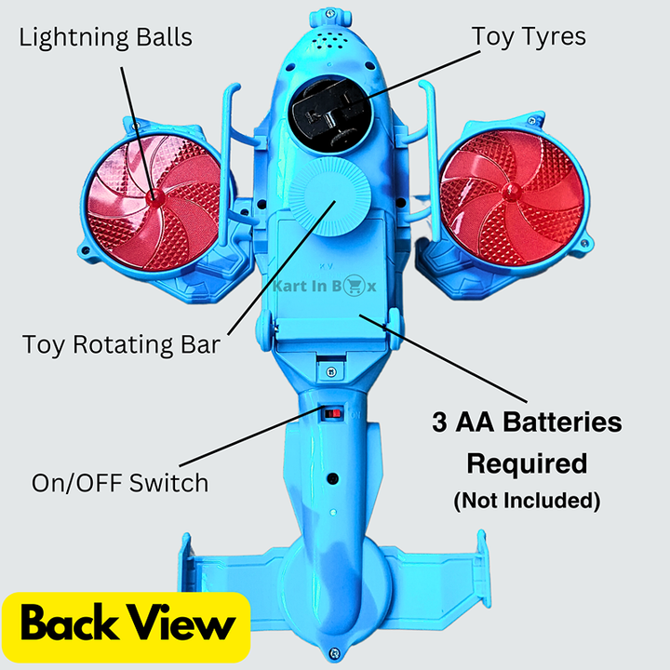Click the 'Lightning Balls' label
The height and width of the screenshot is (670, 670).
pyautogui.click(x=105, y=37)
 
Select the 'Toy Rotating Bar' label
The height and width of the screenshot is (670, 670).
pyautogui.click(x=122, y=345)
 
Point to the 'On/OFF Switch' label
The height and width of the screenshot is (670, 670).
pyautogui.click(x=120, y=483)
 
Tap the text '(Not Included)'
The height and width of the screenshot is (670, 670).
pyautogui.click(x=527, y=500)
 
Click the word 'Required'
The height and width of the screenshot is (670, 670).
pyautogui.click(x=527, y=462)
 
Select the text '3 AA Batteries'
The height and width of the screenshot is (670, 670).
pyautogui.click(x=527, y=423)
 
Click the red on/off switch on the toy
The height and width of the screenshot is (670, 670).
pyautogui.click(x=331, y=411)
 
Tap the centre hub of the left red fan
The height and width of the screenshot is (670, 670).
pyautogui.click(x=153, y=197)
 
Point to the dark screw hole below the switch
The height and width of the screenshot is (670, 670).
pyautogui.click(x=330, y=481)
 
